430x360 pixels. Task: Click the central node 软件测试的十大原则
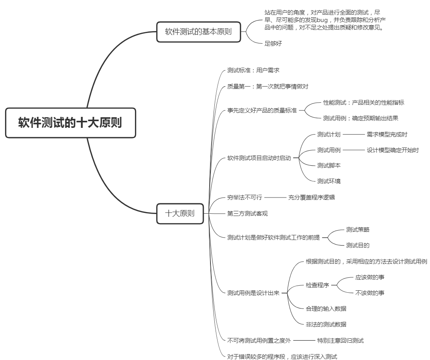coord(70,123)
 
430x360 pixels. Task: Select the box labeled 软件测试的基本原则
coord(198,32)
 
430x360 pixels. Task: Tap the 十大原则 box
coord(180,213)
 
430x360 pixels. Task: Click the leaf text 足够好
coord(273,43)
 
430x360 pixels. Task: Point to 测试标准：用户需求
coord(253,70)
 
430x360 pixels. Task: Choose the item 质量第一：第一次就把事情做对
coord(268,87)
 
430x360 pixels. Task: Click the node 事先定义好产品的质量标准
coord(262,110)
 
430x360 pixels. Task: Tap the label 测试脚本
coord(329,166)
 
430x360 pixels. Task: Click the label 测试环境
coord(329,181)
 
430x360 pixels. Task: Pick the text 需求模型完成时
coord(387,134)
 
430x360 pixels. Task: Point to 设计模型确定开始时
coord(393,150)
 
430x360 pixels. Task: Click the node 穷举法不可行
coord(245,197)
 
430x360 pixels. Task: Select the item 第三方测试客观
coord(247,214)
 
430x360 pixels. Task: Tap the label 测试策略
coord(358,230)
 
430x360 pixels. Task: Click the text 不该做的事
coord(370,293)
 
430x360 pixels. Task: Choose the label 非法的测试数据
coord(326,325)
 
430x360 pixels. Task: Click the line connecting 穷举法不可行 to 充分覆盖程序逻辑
coord(275,198)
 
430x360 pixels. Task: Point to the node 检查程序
coord(317,285)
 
